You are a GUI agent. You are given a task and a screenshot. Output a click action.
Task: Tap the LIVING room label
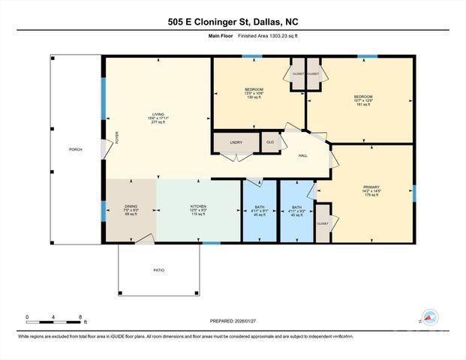(158, 117)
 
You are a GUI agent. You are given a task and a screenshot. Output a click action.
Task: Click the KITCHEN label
(198, 206)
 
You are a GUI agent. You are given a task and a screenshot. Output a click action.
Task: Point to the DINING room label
(131, 206)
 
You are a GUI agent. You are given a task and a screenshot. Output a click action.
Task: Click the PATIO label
(159, 270)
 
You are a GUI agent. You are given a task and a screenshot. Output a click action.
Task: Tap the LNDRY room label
(236, 141)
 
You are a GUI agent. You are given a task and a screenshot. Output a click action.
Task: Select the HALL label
(303, 155)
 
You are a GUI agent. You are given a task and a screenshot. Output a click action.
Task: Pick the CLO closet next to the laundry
(269, 141)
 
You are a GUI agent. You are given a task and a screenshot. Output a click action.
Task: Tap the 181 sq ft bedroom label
(363, 100)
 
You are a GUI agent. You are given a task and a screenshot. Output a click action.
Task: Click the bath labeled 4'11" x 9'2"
(296, 210)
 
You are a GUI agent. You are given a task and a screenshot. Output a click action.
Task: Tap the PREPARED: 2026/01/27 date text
(233, 321)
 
